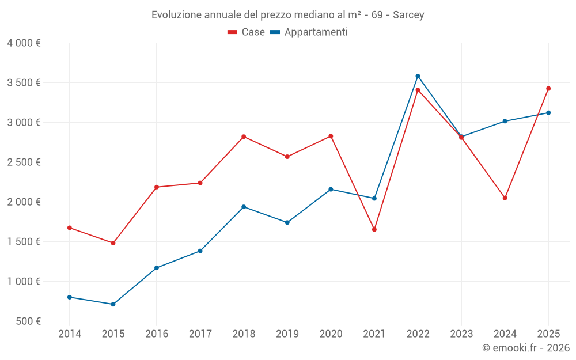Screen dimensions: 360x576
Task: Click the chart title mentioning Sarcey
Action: [x=287, y=15]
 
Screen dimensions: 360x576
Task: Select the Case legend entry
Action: [x=247, y=32]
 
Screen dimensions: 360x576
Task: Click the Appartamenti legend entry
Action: [x=309, y=32]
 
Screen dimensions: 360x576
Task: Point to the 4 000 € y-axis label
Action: [x=24, y=43]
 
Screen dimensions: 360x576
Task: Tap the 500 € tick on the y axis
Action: [x=27, y=321]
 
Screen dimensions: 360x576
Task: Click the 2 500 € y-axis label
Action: [x=24, y=162]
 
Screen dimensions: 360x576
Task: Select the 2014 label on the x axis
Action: [x=70, y=334]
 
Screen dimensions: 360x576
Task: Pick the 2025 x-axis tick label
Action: [x=548, y=334]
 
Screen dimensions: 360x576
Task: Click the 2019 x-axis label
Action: [x=287, y=334]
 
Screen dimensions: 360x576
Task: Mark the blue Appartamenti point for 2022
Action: [x=418, y=76]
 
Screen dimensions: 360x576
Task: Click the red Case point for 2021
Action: [x=374, y=229]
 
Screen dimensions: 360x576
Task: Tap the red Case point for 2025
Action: [x=548, y=89]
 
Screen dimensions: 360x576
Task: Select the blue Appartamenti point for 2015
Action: [x=113, y=304]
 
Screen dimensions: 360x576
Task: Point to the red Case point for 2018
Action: [x=244, y=137]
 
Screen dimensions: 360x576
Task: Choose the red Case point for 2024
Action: [x=505, y=198]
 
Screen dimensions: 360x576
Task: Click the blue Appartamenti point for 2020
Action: [x=331, y=189]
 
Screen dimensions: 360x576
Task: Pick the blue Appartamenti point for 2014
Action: [x=70, y=297]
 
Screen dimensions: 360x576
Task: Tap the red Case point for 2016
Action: [x=157, y=187]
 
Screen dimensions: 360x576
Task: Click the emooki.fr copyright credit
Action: [x=525, y=348]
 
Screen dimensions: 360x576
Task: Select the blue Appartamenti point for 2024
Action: [x=505, y=121]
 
